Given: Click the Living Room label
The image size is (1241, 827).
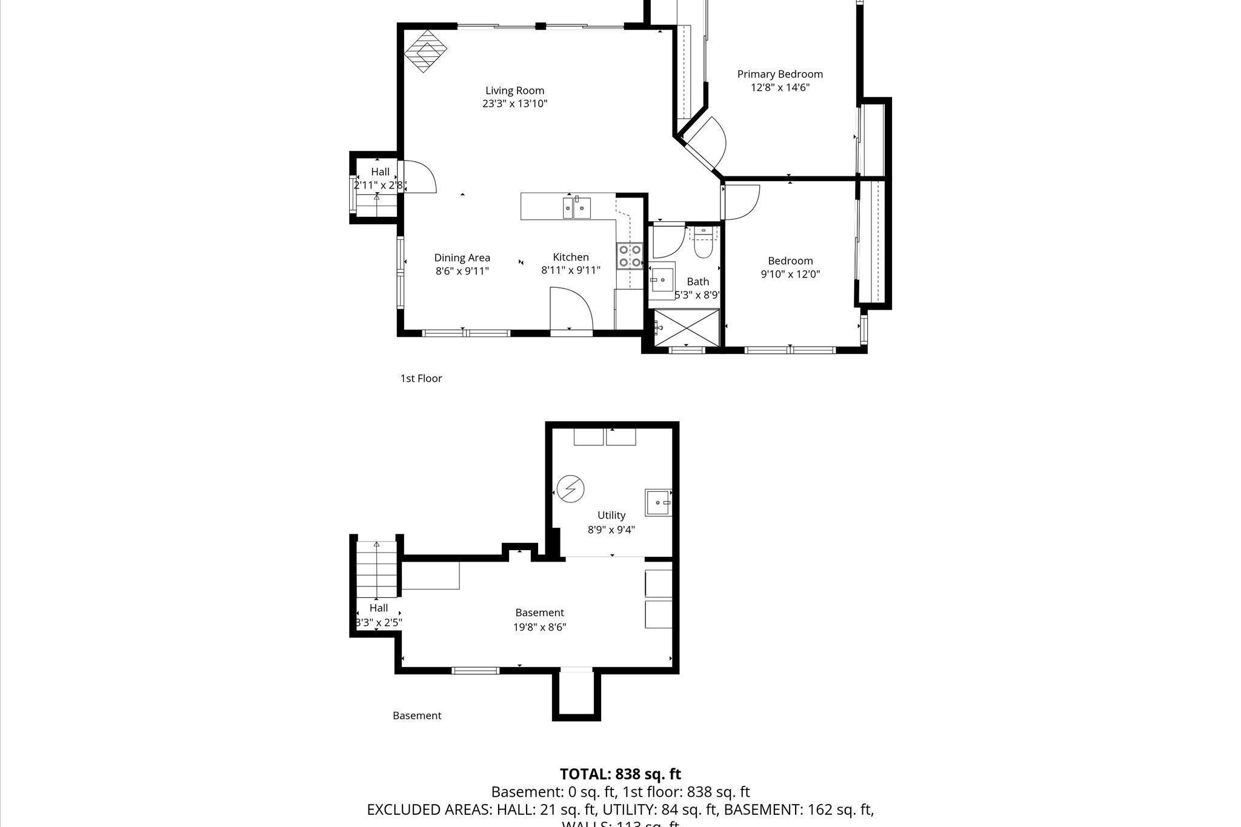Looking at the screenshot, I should [514, 91].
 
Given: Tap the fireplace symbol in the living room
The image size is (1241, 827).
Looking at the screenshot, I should [425, 51].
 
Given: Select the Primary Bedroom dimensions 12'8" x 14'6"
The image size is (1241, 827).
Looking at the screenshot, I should [780, 87].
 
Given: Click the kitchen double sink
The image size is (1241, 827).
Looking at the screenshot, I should [576, 208].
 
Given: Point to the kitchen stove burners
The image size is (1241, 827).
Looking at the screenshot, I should [629, 255].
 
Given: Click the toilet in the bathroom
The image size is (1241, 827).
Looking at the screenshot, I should [703, 244].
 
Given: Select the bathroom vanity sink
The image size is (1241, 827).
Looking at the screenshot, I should [662, 280].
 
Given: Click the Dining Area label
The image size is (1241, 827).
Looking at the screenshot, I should [462, 257].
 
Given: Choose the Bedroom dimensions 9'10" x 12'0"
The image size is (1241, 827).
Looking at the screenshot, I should [790, 274].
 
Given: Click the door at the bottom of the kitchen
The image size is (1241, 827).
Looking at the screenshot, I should [571, 309].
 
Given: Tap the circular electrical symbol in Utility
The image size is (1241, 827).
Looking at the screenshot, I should [570, 488].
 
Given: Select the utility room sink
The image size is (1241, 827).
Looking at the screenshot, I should [659, 502].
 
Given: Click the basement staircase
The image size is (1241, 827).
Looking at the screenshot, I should [376, 570].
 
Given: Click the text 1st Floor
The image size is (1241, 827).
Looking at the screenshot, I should [421, 378].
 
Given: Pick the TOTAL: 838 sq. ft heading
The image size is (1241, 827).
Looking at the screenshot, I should [620, 774].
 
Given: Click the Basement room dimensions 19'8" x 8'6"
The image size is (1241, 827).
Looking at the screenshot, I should [539, 627].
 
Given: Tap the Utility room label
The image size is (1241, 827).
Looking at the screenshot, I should [611, 515].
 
